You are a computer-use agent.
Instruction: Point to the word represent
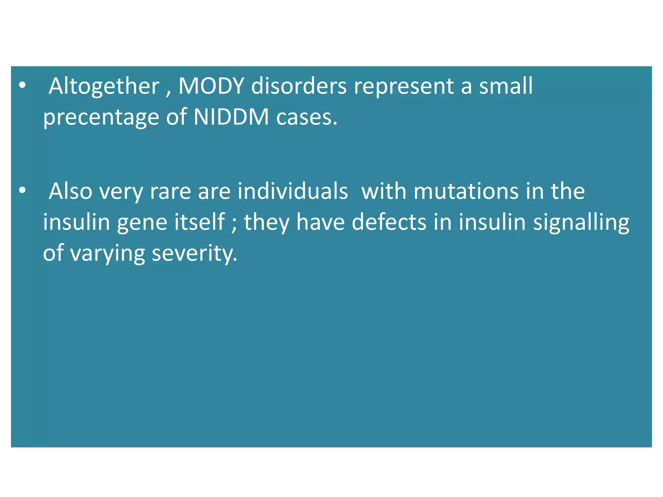coord(404,87)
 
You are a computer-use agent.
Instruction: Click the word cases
coord(306,117)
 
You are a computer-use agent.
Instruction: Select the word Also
coord(71,191)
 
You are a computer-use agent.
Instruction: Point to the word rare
coord(170,192)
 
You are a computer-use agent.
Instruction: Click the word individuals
coord(293,191)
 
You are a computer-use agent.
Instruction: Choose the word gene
coord(142,223)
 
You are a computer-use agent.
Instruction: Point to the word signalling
coord(581,223)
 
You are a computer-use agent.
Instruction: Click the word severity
coord(195,253)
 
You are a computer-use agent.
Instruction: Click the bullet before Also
coord(22,191)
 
